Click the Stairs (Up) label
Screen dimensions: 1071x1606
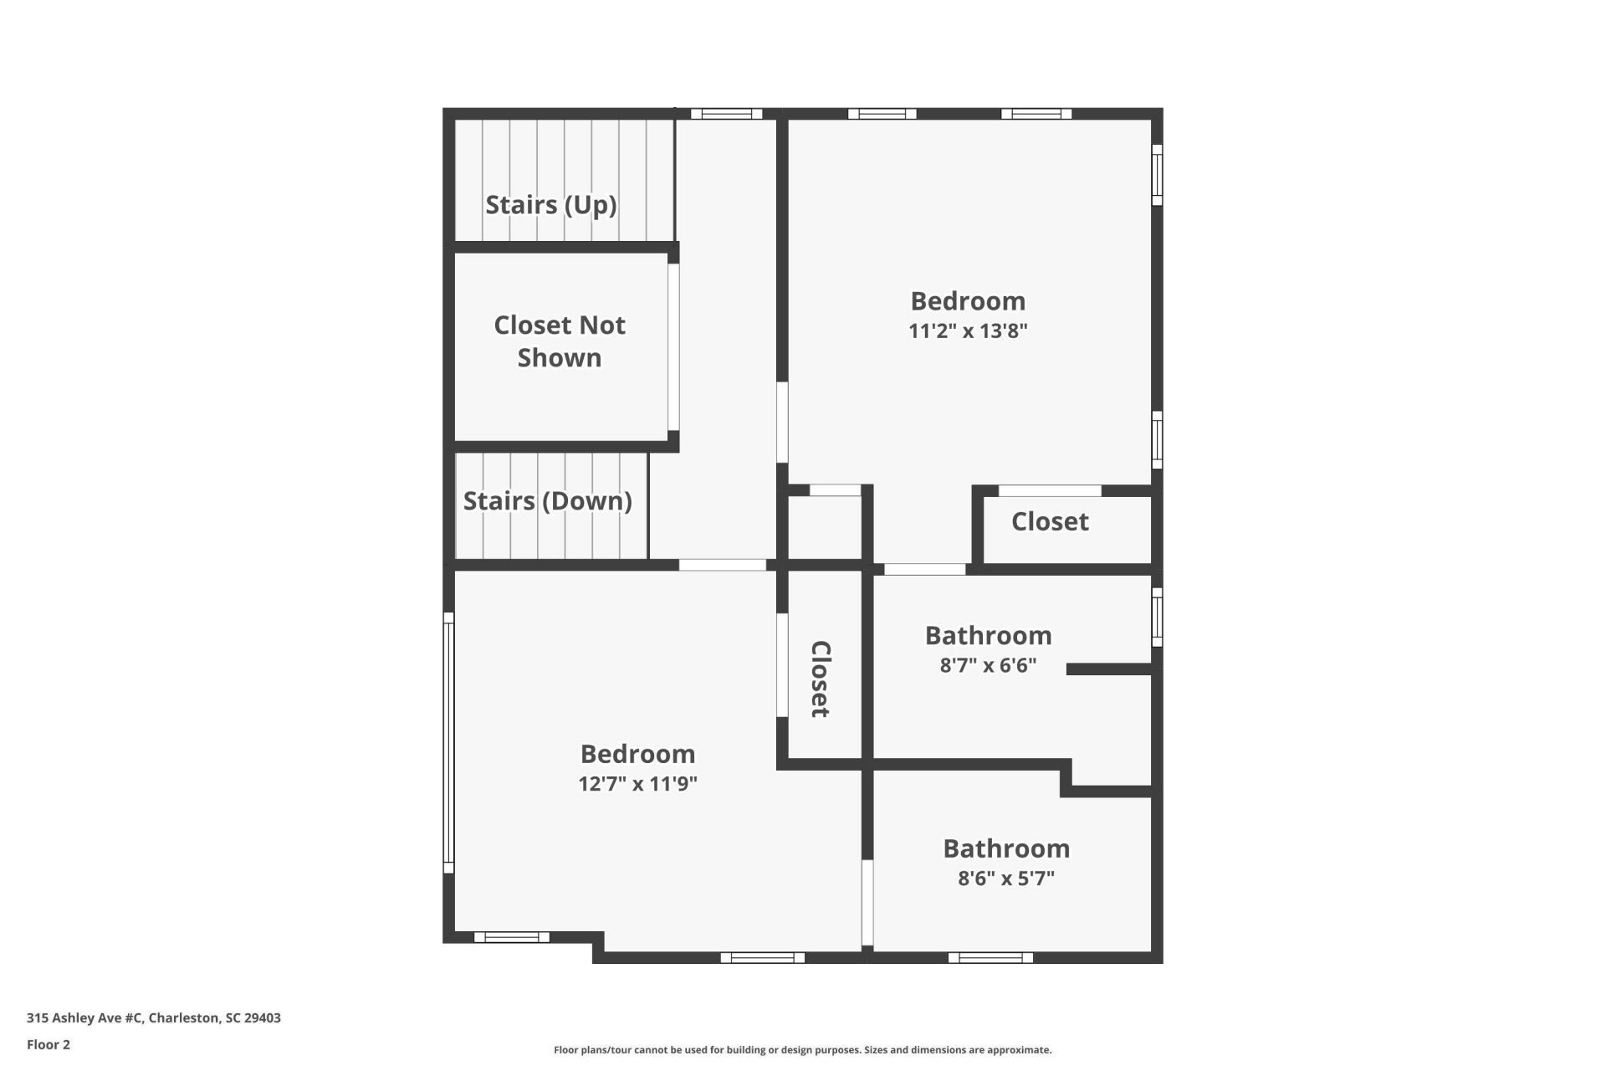pyautogui.click(x=550, y=205)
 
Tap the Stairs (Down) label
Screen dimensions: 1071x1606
pyautogui.click(x=547, y=501)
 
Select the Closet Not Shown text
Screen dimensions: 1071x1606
pyautogui.click(x=559, y=341)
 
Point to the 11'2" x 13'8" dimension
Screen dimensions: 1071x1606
pyautogui.click(x=968, y=331)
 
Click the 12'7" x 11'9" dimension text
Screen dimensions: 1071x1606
pyautogui.click(x=637, y=784)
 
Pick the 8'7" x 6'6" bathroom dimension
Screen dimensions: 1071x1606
pyautogui.click(x=988, y=665)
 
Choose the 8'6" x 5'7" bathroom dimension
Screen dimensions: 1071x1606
pyautogui.click(x=1006, y=879)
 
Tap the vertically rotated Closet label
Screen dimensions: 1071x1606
pyautogui.click(x=821, y=679)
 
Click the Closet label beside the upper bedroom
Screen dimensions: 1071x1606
pyautogui.click(x=1050, y=522)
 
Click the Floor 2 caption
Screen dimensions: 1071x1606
pyautogui.click(x=49, y=1045)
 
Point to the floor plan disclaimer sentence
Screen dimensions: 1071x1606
pyautogui.click(x=802, y=1050)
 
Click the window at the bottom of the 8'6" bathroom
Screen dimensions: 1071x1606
pyautogui.click(x=990, y=957)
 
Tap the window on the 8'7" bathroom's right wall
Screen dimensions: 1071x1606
pyautogui.click(x=1157, y=617)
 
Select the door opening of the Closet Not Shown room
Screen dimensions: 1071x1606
pyautogui.click(x=673, y=347)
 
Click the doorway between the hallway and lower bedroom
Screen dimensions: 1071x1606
pyautogui.click(x=722, y=566)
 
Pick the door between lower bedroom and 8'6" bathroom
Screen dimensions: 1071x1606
pyautogui.click(x=867, y=903)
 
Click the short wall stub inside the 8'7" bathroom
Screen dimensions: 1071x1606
pyautogui.click(x=1109, y=669)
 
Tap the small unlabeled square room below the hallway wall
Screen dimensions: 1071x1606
pyautogui.click(x=825, y=527)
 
